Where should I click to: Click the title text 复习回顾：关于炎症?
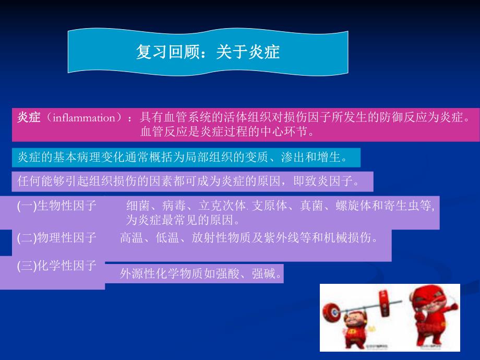[208, 52]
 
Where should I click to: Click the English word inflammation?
[87, 118]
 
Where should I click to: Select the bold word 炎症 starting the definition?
[29, 118]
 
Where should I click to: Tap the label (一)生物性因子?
[57, 206]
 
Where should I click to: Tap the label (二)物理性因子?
[57, 238]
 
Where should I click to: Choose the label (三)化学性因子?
[57, 266]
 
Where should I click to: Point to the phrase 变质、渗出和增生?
[303, 157]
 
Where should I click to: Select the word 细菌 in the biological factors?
[137, 206]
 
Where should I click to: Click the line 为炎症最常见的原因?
[183, 219]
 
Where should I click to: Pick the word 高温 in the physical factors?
[130, 238]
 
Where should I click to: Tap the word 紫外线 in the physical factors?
[286, 238]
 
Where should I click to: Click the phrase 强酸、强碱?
[256, 273]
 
